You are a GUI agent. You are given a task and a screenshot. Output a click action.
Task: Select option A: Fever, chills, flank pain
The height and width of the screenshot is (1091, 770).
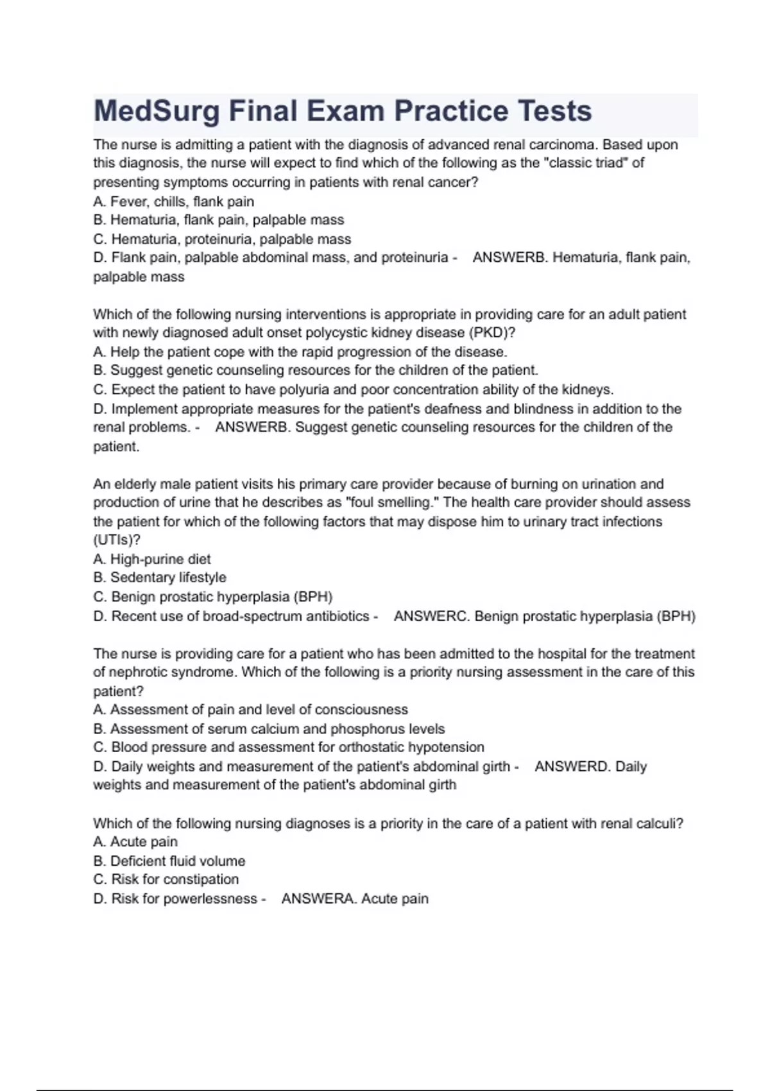[x=173, y=202]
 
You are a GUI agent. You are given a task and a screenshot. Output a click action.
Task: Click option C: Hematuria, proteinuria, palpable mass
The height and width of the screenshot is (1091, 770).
[x=222, y=239]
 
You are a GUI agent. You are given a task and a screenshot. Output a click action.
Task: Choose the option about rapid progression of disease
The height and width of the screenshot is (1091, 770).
[x=300, y=352]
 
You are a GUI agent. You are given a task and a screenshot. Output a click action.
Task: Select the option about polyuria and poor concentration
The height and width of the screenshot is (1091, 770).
[x=353, y=390]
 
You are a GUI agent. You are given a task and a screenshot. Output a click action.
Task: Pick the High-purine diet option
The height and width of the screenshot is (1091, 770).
[x=152, y=559]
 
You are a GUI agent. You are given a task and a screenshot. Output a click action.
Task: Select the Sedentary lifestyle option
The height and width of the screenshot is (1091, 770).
[x=160, y=578]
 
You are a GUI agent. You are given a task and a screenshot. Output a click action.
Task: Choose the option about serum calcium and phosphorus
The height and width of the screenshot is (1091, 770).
[x=269, y=729]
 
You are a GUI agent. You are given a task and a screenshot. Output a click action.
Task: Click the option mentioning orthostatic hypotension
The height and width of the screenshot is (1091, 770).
[x=289, y=748]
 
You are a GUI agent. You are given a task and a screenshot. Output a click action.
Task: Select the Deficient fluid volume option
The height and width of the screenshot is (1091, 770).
[x=169, y=861]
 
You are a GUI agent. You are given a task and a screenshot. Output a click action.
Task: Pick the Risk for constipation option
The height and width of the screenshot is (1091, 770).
[x=166, y=880]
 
